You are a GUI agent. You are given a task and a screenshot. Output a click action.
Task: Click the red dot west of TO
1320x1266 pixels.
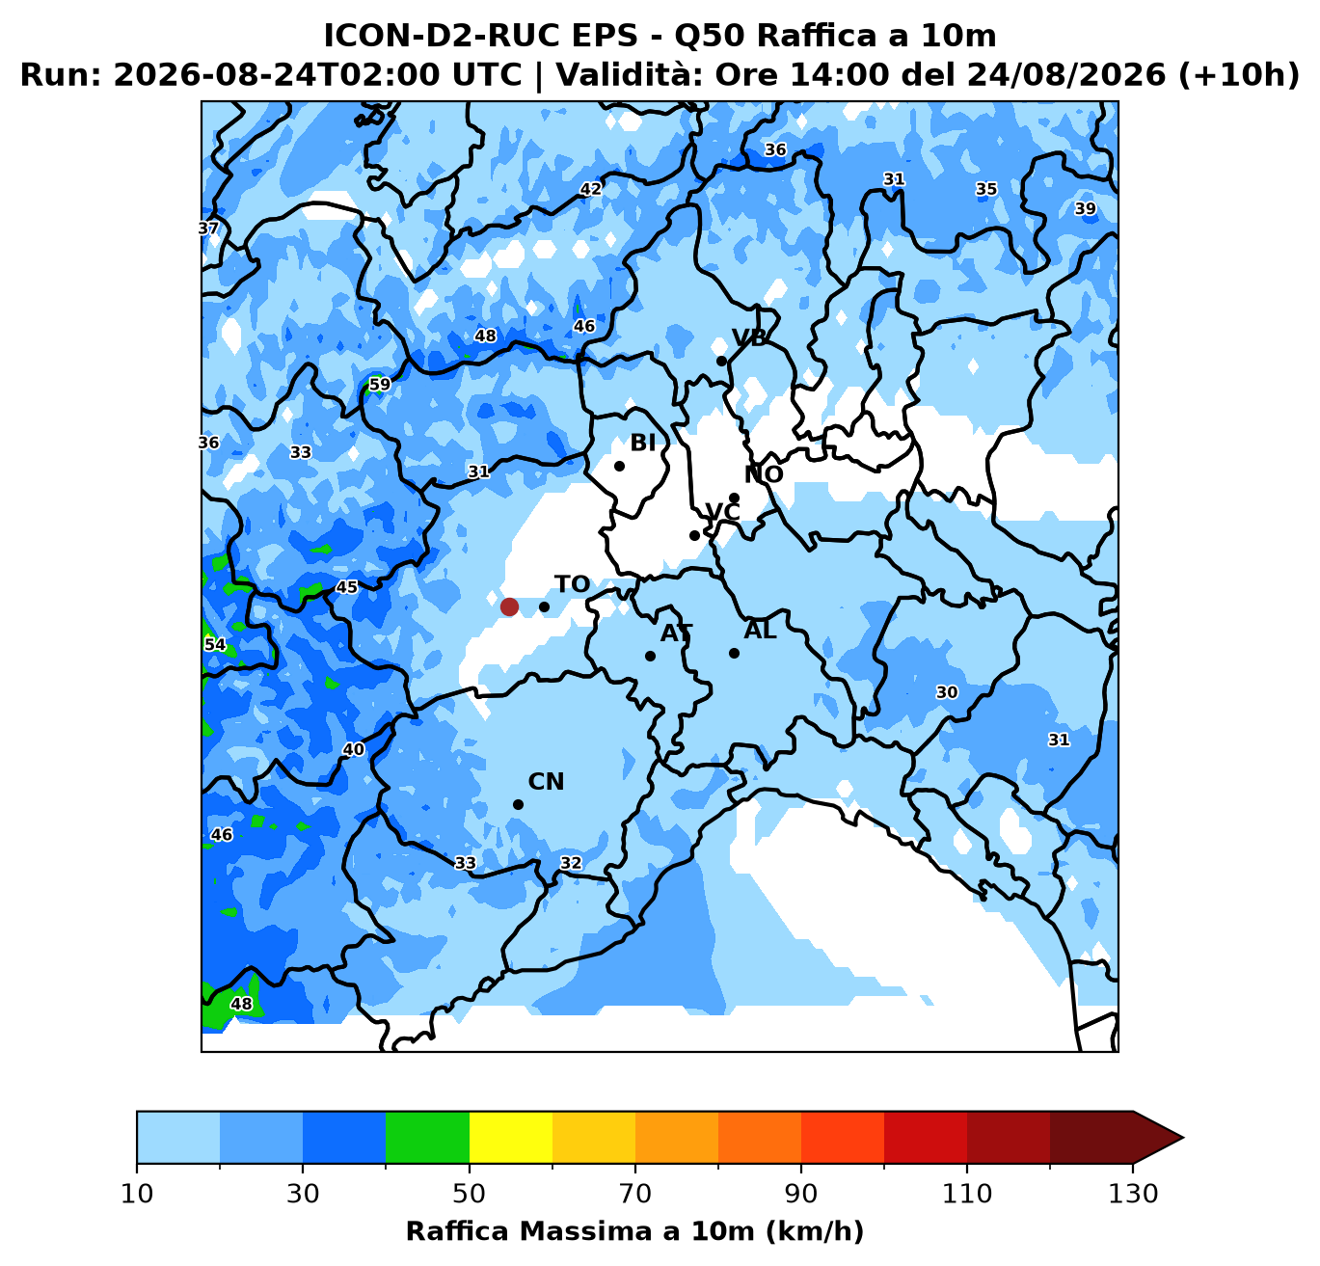[509, 606]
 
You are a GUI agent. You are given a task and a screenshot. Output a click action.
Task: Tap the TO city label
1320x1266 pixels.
[572, 584]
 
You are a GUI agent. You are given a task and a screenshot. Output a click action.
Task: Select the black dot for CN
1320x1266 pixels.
[518, 805]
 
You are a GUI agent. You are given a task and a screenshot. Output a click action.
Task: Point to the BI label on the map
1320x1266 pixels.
[642, 443]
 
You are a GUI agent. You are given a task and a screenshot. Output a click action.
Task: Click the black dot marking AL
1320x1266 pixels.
[734, 654]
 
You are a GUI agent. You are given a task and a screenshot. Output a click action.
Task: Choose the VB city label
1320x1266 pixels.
[749, 337]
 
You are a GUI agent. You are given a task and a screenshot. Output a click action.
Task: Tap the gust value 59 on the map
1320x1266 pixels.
[379, 385]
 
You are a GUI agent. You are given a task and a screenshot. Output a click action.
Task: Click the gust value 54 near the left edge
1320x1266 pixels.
[215, 644]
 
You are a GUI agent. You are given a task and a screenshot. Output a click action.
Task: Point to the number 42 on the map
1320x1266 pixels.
[590, 189]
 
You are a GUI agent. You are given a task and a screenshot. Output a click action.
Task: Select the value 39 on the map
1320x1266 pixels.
[1086, 209]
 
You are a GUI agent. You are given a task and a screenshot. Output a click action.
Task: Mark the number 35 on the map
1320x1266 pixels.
[986, 189]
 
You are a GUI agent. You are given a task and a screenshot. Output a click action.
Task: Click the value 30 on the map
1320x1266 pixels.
[947, 692]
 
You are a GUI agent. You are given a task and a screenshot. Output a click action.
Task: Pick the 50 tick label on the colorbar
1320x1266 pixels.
[469, 1193]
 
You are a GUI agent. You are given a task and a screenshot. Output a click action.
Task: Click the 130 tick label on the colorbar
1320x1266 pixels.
[1133, 1193]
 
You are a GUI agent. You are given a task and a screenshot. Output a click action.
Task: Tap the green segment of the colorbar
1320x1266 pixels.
[427, 1137]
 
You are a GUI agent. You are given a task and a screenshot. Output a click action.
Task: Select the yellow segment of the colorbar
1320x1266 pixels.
[511, 1137]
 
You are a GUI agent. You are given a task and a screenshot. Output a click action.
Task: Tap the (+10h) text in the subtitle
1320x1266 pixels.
[1239, 74]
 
